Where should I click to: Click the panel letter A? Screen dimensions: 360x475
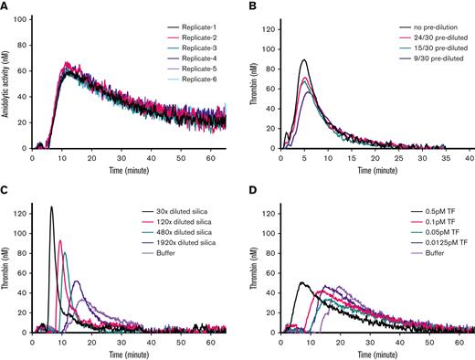6,7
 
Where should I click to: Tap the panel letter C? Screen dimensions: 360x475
6,189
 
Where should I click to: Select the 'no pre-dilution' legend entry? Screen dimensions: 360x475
428,24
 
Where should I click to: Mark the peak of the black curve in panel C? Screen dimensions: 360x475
51,206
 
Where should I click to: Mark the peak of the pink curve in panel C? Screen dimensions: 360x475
60,241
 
